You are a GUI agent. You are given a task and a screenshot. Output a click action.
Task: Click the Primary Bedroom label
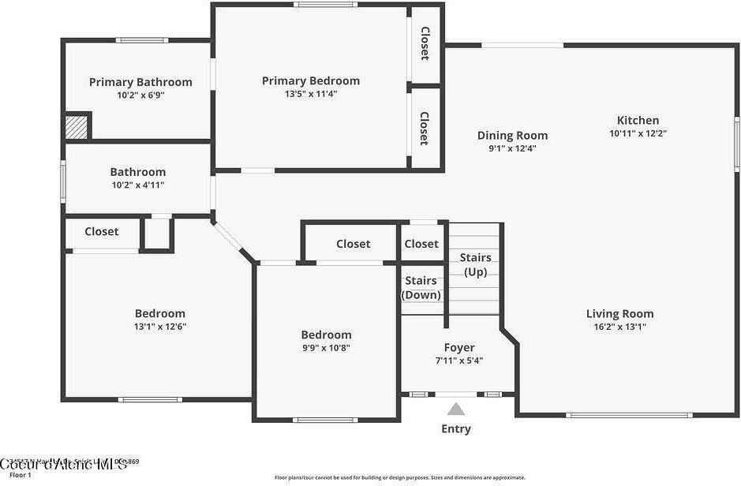click(310, 80)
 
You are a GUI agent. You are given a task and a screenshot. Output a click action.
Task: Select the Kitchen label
click(638, 120)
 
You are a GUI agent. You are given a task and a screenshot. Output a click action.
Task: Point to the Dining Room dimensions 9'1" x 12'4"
click(512, 148)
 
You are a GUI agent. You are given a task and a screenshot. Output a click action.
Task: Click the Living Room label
click(619, 313)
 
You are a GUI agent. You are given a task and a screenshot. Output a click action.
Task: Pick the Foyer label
click(459, 347)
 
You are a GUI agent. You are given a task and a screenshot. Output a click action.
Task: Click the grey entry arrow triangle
click(456, 409)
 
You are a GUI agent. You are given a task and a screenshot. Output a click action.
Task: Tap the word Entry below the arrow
click(456, 429)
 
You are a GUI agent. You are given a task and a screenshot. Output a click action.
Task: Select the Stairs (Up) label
click(475, 264)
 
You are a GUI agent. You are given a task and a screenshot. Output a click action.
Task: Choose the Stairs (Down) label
click(421, 287)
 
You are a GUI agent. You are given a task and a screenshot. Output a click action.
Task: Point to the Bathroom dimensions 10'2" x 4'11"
click(137, 185)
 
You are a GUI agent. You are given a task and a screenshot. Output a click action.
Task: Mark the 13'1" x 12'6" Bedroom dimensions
click(159, 327)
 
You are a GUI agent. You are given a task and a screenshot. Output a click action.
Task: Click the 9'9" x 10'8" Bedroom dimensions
click(326, 348)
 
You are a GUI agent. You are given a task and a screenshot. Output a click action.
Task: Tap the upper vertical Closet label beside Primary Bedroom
click(425, 43)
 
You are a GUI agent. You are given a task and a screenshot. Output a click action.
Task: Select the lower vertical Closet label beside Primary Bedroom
click(425, 128)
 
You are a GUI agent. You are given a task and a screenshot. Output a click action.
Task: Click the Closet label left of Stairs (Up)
click(421, 244)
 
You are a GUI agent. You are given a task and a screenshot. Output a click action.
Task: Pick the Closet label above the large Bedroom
click(102, 231)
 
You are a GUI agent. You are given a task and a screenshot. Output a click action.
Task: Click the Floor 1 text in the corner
click(21, 475)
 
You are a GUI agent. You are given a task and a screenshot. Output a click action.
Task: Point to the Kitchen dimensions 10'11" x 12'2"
click(638, 133)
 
